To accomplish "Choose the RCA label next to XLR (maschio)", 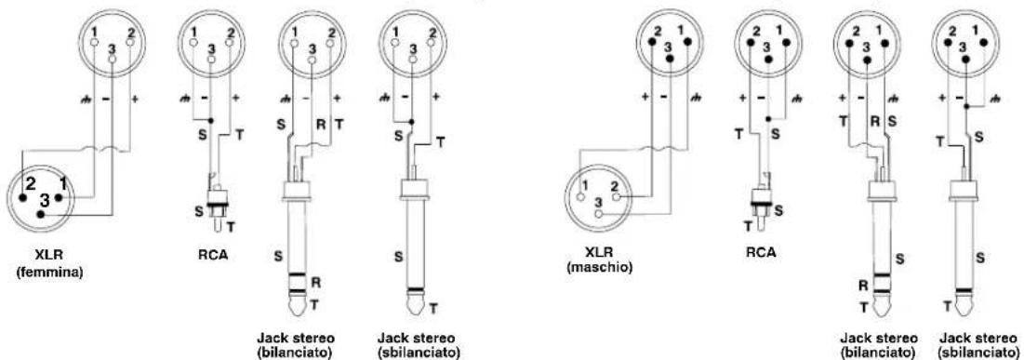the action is pos(760,251).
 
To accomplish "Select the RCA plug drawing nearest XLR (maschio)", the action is pos(760,205).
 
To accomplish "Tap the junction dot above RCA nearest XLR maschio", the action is pos(768,119).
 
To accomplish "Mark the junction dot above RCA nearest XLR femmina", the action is pos(210,121).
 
